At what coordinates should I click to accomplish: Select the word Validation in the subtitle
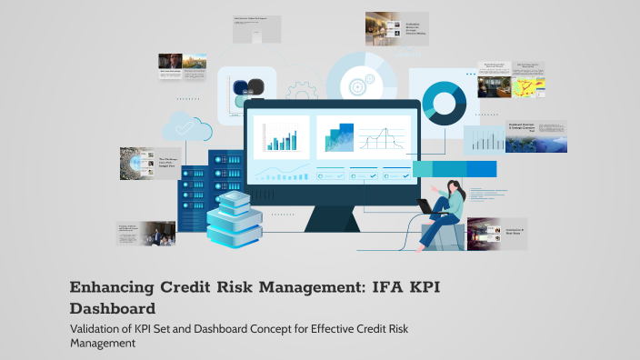pyautogui.click(x=100, y=328)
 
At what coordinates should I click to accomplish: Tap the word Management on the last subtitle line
pyautogui.click(x=103, y=344)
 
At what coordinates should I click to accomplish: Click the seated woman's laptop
pyautogui.click(x=425, y=205)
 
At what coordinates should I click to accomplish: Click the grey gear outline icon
pyautogui.click(x=301, y=91)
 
